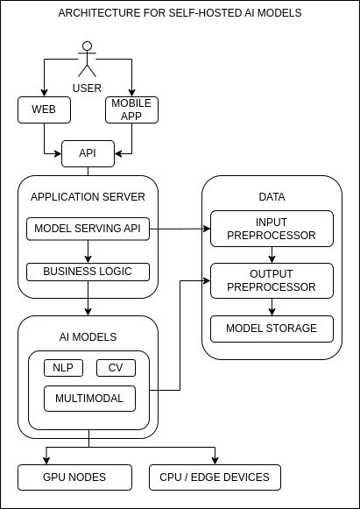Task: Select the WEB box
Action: [x=44, y=110]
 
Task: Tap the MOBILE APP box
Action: [x=131, y=110]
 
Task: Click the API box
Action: [x=88, y=153]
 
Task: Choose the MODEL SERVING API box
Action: [x=88, y=229]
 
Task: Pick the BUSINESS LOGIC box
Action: [x=88, y=272]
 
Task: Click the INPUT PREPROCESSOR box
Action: [x=272, y=228]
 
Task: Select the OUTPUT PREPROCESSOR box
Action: [x=272, y=280]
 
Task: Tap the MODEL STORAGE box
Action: [x=272, y=329]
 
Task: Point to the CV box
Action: [x=116, y=368]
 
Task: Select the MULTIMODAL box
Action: [x=90, y=399]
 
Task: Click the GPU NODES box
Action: [x=74, y=477]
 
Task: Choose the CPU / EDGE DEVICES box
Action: [x=215, y=477]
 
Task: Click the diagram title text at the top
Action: [x=180, y=13]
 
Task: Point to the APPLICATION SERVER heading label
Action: [x=88, y=196]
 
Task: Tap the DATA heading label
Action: [x=272, y=196]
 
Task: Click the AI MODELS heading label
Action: [x=88, y=336]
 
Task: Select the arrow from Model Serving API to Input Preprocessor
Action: [x=180, y=229]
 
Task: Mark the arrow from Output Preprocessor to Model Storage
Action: [x=272, y=307]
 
